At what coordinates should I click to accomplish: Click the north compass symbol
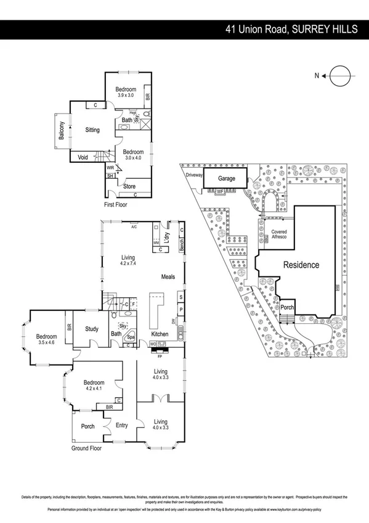tap(339, 76)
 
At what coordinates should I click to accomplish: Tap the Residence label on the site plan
tap(301, 265)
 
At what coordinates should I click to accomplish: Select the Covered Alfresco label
tap(283, 235)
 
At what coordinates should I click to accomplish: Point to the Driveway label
tap(194, 175)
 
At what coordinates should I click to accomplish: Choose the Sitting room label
tap(92, 130)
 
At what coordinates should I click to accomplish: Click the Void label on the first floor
tap(83, 157)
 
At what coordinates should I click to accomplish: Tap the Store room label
tap(129, 186)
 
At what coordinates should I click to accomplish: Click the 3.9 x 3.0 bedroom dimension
tap(126, 96)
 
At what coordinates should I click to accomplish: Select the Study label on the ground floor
tap(92, 329)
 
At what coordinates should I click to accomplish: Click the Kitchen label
tap(160, 334)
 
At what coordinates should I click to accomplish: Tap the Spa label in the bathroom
tap(131, 338)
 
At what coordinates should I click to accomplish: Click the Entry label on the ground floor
tap(121, 426)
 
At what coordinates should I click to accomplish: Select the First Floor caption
tap(115, 204)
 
